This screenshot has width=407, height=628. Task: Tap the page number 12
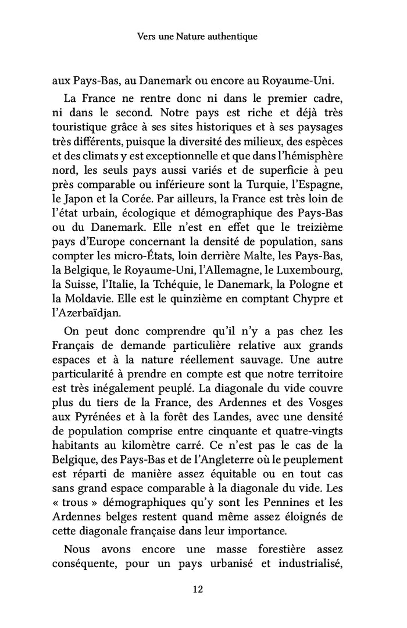pyautogui.click(x=197, y=589)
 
